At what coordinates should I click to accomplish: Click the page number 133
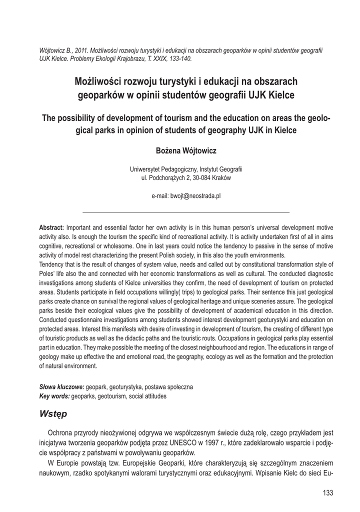(x=327, y=493)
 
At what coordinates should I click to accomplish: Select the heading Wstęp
(x=56, y=414)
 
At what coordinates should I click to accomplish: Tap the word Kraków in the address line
(x=221, y=178)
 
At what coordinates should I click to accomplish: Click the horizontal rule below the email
(x=185, y=212)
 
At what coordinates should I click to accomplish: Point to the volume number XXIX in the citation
(x=150, y=58)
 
